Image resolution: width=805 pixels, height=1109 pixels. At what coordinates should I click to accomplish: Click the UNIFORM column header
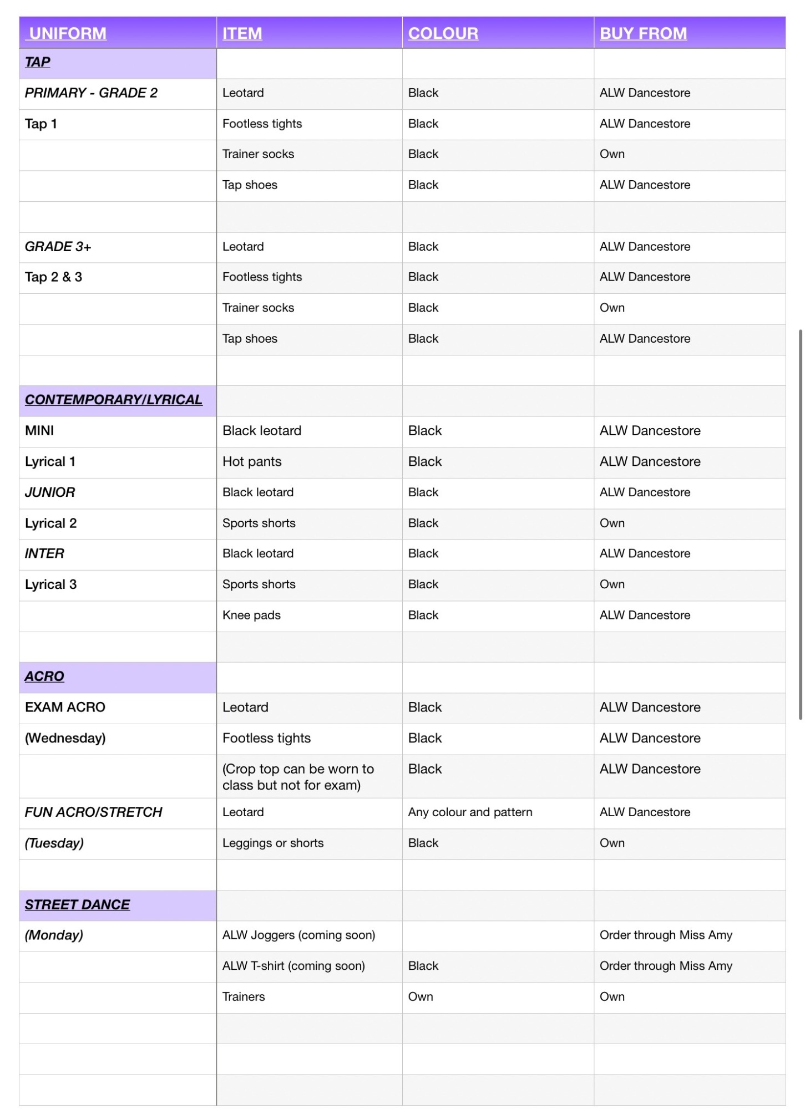tap(68, 33)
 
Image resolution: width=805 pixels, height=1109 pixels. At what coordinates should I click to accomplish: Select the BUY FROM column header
tap(642, 33)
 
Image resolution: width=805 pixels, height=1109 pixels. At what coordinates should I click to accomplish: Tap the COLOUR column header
tap(443, 33)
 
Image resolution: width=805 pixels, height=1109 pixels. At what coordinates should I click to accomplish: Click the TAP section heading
tap(38, 62)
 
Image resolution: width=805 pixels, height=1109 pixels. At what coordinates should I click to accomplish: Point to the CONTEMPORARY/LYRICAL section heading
tap(113, 400)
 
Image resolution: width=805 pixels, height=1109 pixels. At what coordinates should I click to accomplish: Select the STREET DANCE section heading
tap(77, 904)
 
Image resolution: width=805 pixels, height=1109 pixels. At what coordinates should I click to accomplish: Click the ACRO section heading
tap(44, 676)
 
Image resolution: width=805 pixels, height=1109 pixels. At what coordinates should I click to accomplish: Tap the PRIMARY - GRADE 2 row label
tap(91, 93)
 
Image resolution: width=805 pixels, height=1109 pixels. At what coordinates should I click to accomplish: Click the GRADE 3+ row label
tap(58, 246)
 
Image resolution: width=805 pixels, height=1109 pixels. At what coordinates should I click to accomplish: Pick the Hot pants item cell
tap(252, 461)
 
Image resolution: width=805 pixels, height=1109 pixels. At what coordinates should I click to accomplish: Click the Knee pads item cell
tap(251, 615)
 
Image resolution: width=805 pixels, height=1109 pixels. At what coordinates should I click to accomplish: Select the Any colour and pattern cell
tap(470, 812)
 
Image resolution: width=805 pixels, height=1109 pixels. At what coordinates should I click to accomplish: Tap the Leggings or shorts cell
tap(273, 843)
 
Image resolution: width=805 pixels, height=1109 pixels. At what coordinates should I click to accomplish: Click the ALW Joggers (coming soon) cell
tap(298, 935)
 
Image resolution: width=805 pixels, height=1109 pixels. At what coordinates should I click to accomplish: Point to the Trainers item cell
tap(244, 996)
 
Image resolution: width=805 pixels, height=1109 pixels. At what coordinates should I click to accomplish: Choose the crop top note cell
tap(298, 776)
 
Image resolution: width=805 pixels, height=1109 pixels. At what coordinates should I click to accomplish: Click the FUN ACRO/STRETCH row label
tap(93, 812)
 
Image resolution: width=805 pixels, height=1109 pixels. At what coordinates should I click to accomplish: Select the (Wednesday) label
tap(65, 738)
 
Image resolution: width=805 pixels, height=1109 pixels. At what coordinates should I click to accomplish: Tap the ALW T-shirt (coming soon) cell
tap(293, 965)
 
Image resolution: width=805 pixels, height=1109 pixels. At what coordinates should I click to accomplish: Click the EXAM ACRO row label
tap(65, 707)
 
